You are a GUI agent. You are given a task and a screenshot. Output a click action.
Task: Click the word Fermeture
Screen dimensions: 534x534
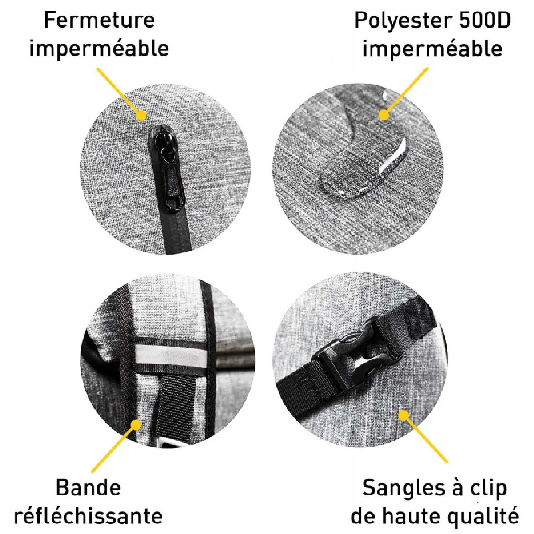coord(99,20)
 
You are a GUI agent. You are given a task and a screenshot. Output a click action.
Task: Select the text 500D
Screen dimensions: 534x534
coord(485,20)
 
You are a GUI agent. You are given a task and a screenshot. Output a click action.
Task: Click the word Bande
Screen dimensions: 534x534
coord(88,488)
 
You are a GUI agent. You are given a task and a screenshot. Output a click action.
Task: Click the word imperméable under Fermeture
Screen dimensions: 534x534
coord(99,49)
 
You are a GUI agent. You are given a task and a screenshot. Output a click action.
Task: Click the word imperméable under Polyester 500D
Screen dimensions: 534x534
coord(432,49)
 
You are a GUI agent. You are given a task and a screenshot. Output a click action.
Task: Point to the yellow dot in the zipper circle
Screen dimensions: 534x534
coord(142,116)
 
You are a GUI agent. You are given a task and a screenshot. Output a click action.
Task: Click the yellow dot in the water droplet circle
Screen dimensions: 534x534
coord(384,115)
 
